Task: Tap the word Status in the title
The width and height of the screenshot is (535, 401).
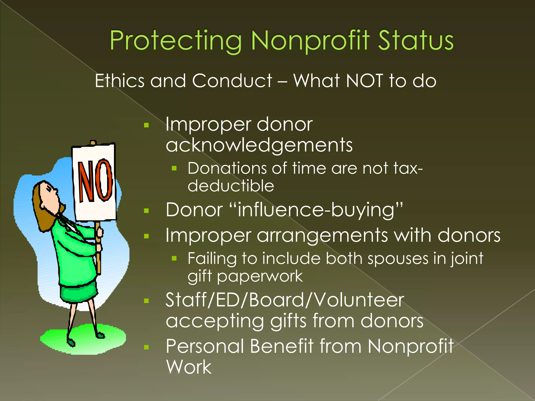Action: click(415, 40)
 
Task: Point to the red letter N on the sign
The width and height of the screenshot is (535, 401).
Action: click(85, 181)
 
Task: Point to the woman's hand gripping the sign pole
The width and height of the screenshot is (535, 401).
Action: click(99, 232)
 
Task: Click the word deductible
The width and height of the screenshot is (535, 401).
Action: click(231, 186)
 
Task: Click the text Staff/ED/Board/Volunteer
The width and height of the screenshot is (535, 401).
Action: click(285, 300)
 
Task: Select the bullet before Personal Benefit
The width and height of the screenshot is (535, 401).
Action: click(146, 347)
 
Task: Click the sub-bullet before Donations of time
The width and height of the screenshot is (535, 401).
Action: click(174, 169)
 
